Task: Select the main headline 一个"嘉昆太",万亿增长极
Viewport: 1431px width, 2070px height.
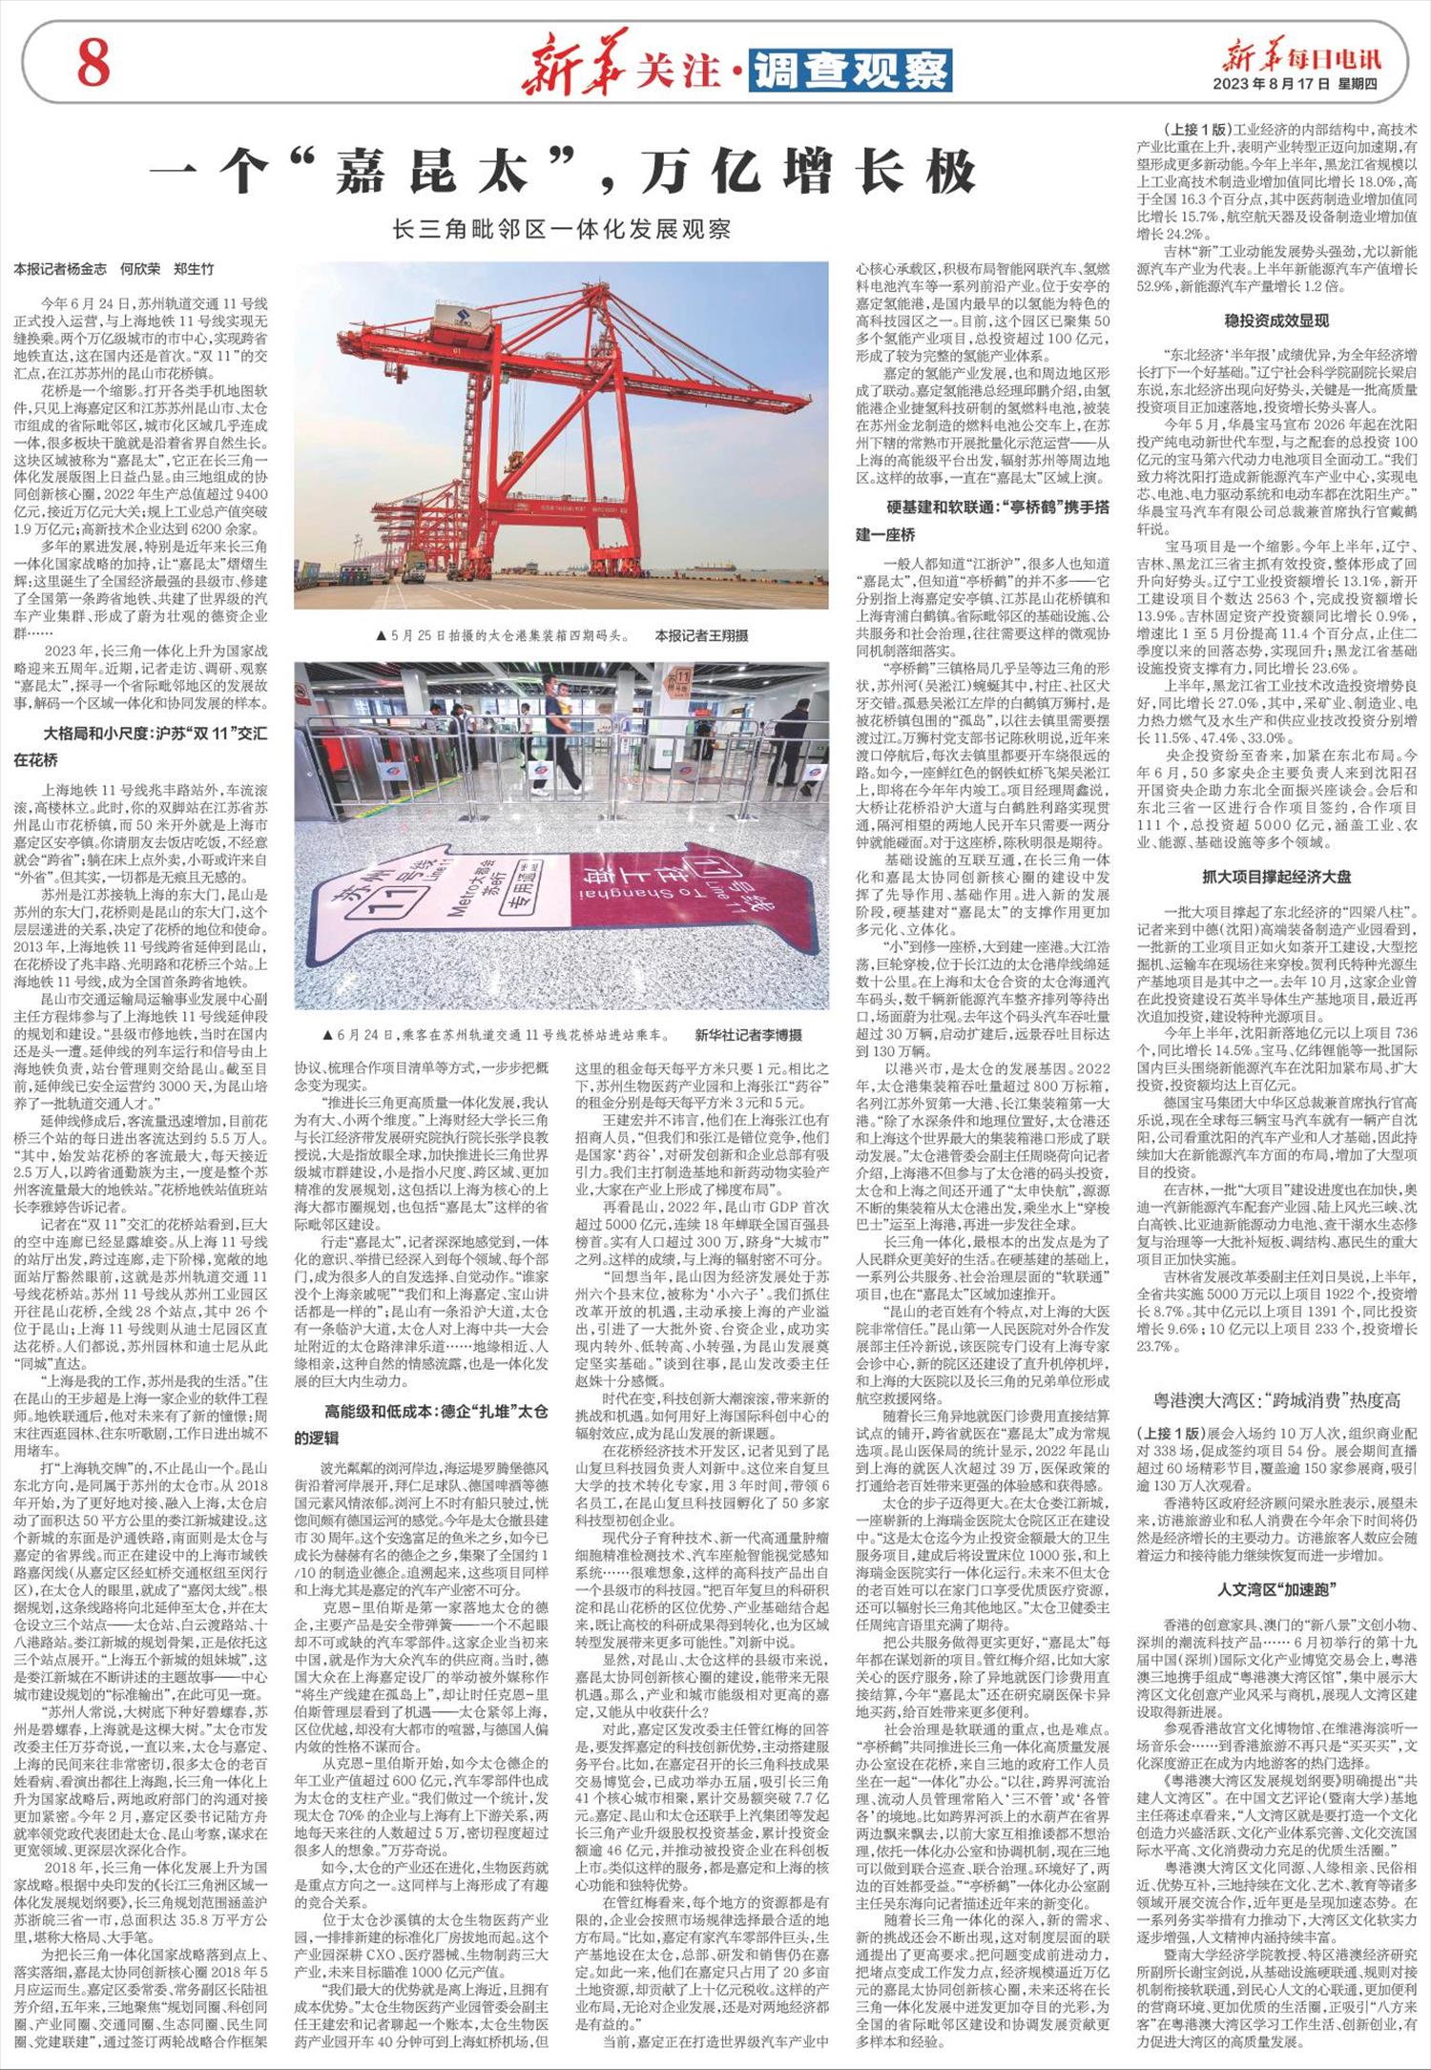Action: point(566,172)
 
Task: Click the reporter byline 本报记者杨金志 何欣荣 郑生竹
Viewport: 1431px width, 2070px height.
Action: point(114,270)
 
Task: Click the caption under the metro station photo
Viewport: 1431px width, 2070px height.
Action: point(496,1035)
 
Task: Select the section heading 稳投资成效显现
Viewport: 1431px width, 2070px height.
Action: point(1275,320)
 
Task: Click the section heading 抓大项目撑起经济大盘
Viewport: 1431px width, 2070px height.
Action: point(1275,876)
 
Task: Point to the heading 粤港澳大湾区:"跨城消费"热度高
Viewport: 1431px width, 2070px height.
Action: point(1275,1400)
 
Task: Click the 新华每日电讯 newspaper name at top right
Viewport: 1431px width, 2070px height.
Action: point(1302,58)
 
